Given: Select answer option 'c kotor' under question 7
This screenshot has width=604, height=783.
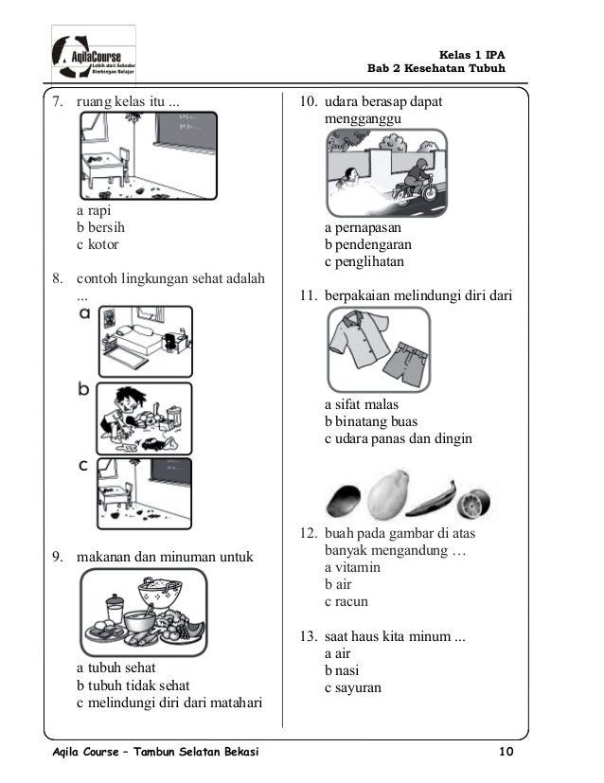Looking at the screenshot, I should (98, 244).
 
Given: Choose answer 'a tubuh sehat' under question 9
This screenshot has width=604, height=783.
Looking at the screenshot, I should (116, 667).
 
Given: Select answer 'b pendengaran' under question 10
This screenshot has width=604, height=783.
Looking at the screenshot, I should (367, 245).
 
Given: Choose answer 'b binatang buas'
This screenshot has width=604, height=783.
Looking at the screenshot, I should (370, 421).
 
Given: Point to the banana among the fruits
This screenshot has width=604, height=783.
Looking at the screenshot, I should (432, 495).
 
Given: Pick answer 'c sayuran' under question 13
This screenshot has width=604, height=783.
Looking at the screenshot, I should (353, 687).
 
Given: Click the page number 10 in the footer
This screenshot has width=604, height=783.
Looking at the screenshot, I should (506, 752).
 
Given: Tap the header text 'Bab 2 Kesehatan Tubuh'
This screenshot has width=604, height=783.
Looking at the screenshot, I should (436, 69).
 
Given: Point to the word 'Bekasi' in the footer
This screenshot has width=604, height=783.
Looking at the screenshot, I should (234, 752).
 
